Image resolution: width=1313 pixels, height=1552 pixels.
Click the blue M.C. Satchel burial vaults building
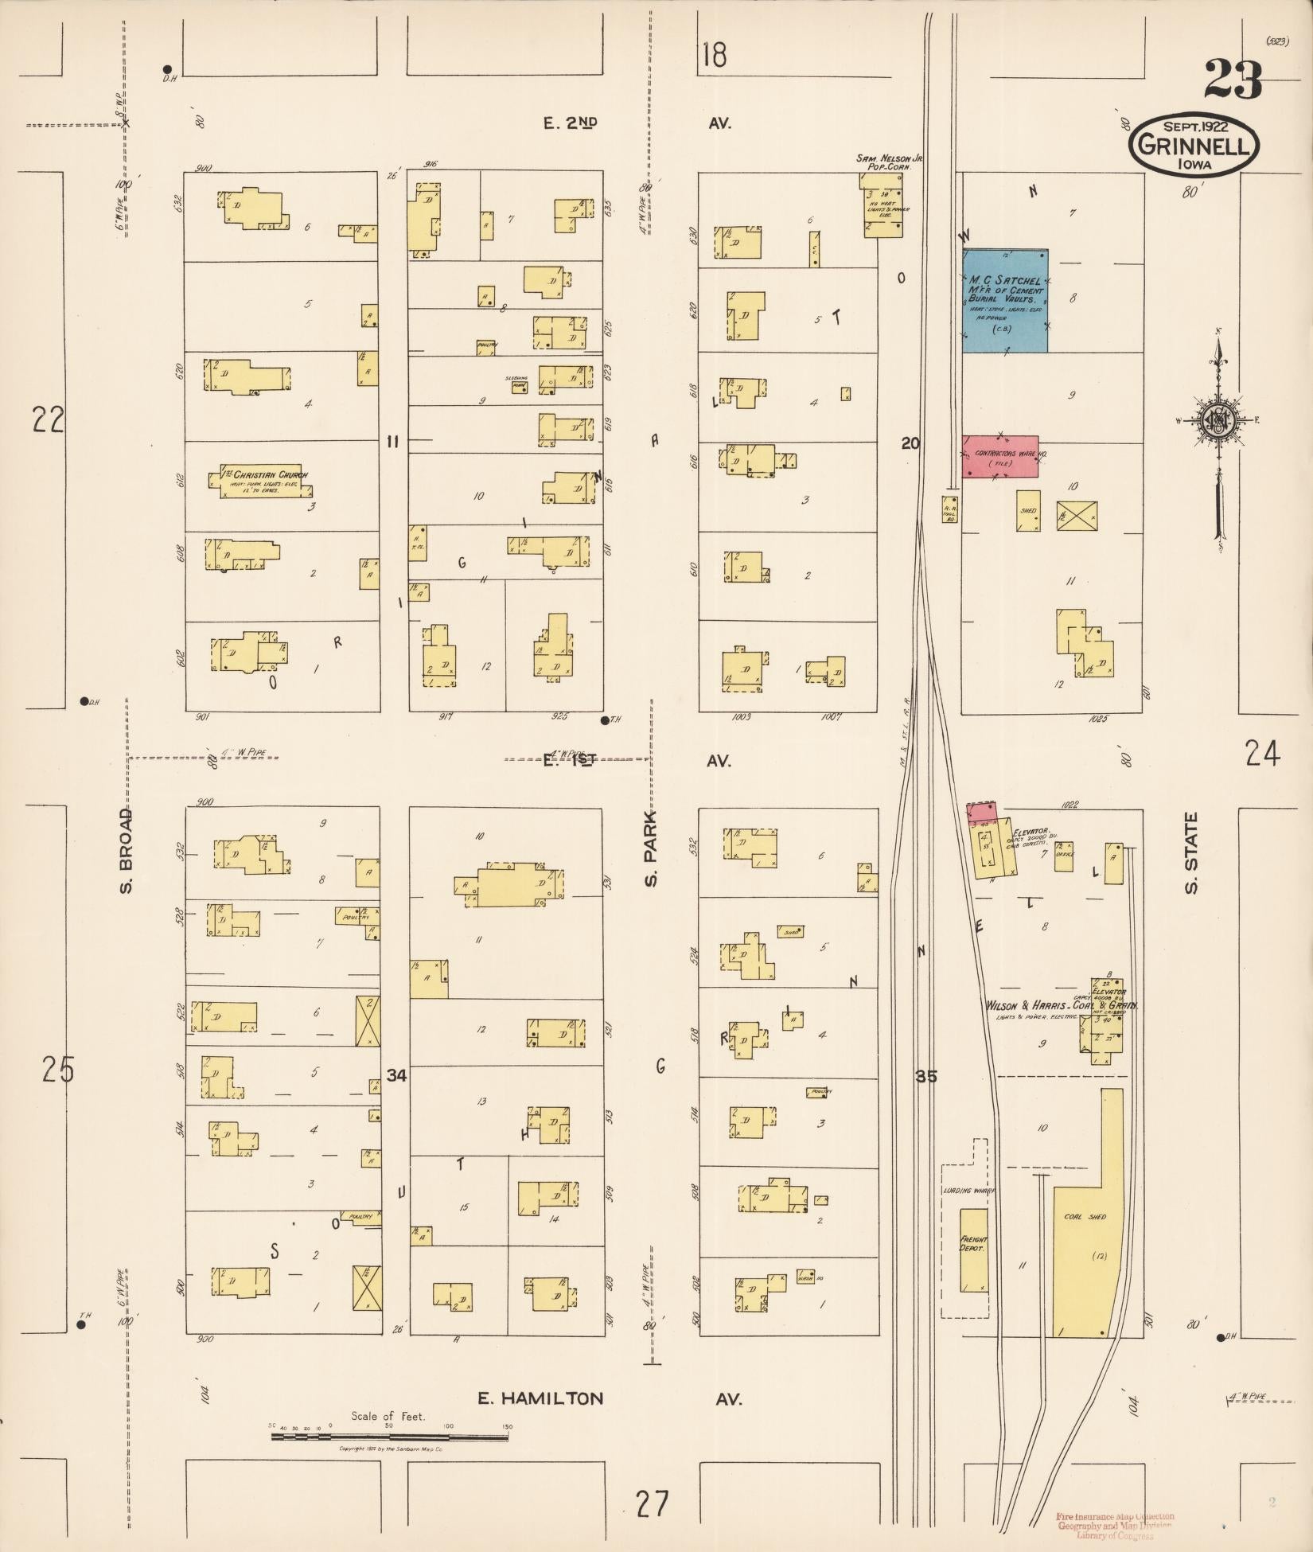point(1004,300)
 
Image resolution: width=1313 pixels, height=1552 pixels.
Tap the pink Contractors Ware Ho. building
point(999,456)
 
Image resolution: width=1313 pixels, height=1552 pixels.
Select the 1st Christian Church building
point(260,482)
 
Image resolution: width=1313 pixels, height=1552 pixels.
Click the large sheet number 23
point(1233,80)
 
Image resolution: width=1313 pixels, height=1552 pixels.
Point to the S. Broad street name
point(125,851)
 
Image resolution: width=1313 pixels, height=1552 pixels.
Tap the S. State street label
point(1191,853)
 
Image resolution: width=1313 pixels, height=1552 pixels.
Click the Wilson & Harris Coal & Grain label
point(1061,1006)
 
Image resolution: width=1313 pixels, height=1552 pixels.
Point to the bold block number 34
point(396,1076)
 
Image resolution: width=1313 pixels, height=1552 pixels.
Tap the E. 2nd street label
point(570,123)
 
